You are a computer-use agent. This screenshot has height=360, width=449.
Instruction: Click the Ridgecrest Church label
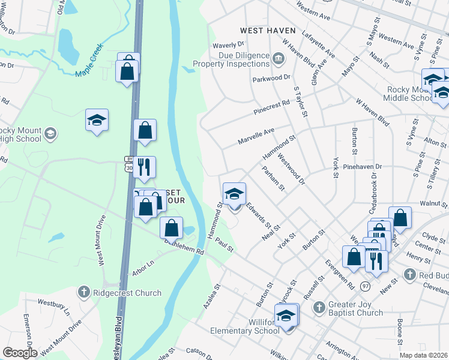[x=127, y=293]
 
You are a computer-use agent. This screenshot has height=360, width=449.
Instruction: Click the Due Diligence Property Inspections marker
[x=279, y=58]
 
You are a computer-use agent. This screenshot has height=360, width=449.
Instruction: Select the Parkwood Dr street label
[x=271, y=77]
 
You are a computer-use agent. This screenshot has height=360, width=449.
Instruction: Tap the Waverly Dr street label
[x=229, y=44]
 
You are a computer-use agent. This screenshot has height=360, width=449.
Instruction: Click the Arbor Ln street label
[x=143, y=268]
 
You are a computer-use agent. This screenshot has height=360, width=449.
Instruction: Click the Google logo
[x=20, y=352]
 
